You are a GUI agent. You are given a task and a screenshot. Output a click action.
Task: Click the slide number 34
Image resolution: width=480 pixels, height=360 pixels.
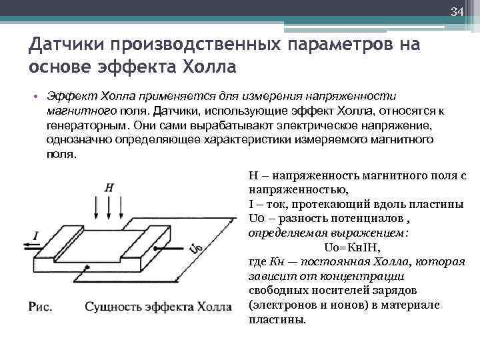tap(457, 12)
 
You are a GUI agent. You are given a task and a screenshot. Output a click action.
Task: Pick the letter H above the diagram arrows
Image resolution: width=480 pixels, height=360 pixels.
tap(109, 188)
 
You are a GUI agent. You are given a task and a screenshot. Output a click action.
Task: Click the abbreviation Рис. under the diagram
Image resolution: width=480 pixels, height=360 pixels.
tap(41, 307)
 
